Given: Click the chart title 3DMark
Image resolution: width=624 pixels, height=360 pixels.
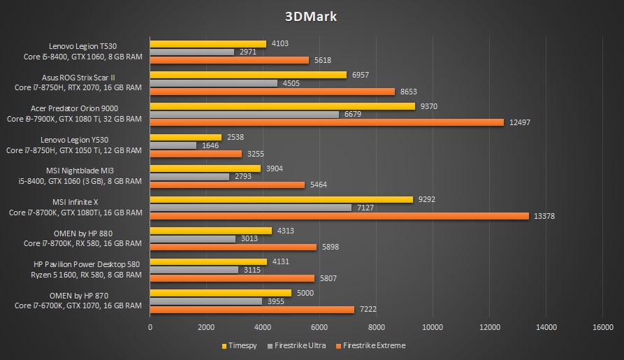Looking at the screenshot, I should [x=312, y=17].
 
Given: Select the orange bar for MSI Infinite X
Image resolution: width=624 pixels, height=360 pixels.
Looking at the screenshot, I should [x=339, y=216].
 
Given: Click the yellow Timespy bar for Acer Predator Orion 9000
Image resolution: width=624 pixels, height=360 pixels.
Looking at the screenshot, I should [x=282, y=106].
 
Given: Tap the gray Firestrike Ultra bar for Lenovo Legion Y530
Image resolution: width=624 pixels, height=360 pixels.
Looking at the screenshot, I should [x=173, y=145].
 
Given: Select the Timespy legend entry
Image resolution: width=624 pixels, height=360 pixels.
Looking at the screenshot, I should [x=239, y=345].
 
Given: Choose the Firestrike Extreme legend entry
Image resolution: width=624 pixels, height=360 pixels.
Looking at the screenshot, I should [x=371, y=345].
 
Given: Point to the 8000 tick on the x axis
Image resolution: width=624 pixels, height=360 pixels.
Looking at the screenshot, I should [x=376, y=326].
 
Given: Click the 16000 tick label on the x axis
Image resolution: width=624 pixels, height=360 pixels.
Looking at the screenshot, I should [x=602, y=326].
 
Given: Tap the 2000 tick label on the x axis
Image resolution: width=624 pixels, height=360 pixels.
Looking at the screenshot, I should [x=206, y=326].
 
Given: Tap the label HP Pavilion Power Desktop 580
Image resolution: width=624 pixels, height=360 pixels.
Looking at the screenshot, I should [x=87, y=264].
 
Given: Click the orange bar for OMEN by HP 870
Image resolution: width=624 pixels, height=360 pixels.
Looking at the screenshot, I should [x=252, y=310].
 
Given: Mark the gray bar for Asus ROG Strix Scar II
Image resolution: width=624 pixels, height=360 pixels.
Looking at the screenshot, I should [x=214, y=83].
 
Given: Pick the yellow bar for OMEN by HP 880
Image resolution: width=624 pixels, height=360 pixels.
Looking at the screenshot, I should [x=210, y=231].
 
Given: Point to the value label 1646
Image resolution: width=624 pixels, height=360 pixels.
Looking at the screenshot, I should [x=209, y=145].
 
